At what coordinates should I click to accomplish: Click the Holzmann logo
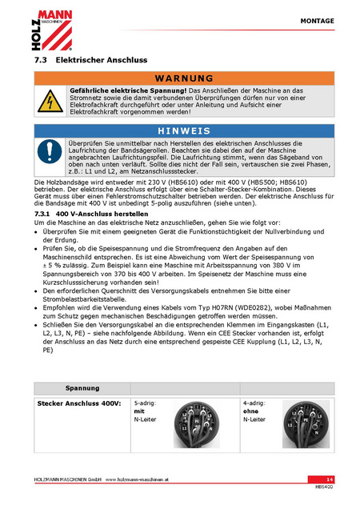[x=52, y=30]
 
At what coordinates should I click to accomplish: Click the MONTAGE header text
[x=317, y=21]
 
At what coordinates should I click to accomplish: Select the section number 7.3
[x=41, y=60]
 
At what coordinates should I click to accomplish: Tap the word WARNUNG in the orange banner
[x=184, y=78]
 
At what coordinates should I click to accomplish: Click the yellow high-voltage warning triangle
[x=50, y=102]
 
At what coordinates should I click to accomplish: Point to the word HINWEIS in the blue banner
[x=184, y=130]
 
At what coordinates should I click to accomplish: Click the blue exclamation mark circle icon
[x=50, y=151]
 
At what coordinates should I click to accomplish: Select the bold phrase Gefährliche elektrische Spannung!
[x=128, y=90]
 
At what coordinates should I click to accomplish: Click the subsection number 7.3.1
[x=42, y=214]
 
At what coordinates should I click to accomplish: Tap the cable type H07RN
[x=222, y=308]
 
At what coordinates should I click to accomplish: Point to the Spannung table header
[x=82, y=388]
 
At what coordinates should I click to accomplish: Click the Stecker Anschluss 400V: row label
[x=79, y=403]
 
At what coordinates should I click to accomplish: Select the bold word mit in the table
[x=139, y=411]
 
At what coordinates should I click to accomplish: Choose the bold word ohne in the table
[x=250, y=411]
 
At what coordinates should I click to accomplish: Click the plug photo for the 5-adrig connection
[x=197, y=424]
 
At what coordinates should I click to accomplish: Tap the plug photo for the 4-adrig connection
[x=306, y=424]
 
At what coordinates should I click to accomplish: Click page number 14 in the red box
[x=330, y=479]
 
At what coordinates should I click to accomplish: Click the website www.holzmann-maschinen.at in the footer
[x=137, y=479]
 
